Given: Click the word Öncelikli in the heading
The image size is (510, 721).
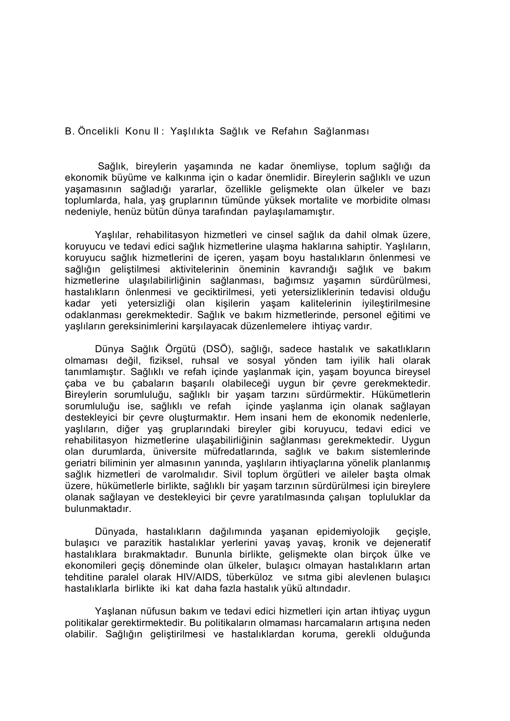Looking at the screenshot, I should pos(98,131).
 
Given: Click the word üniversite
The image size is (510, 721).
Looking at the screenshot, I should pos(175,452).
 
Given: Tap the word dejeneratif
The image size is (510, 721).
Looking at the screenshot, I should pos(407,543).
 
